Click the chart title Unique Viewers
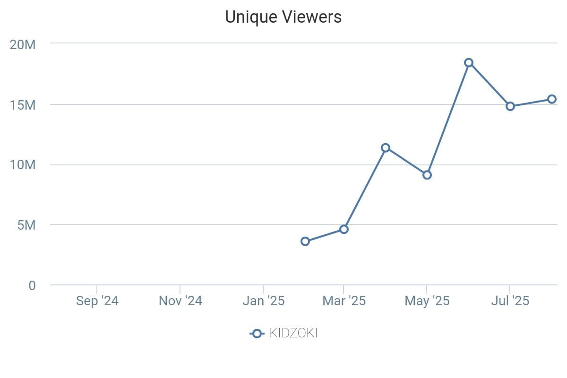point(283,17)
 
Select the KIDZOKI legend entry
point(283,334)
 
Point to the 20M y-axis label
point(23,45)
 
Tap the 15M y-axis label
point(23,105)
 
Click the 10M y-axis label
point(23,165)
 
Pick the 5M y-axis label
point(26,225)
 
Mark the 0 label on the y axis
point(32,286)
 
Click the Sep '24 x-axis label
point(97,301)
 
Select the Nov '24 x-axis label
point(180,301)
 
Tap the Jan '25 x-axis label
point(263,301)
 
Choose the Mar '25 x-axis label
point(344,301)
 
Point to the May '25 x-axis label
point(427,301)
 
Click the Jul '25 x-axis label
point(510,301)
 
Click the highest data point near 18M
point(469,63)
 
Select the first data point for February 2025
point(305,241)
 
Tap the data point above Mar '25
point(344,229)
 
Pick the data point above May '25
point(427,175)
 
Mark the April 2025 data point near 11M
point(386,148)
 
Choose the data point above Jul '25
point(510,106)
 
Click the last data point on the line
point(552,99)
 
